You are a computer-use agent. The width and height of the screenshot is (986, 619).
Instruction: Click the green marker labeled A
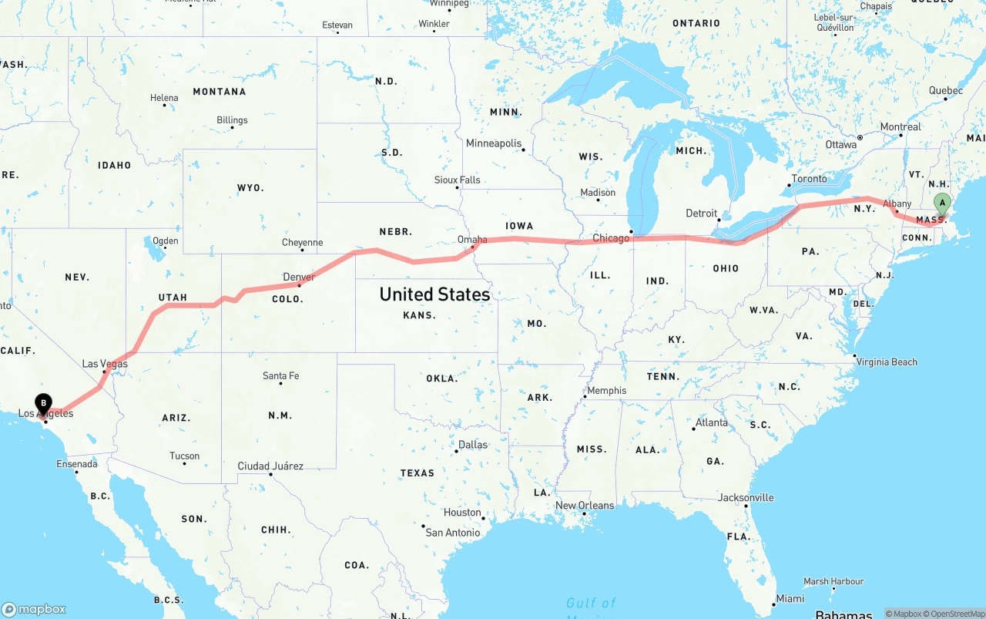pyautogui.click(x=941, y=204)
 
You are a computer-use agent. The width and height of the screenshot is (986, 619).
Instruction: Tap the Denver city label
pyautogui.click(x=299, y=277)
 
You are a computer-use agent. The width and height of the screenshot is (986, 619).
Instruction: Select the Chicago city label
pyautogui.click(x=611, y=238)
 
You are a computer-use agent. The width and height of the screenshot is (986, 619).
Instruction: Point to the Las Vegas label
pyautogui.click(x=105, y=364)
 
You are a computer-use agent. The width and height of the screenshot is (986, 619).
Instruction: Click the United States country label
pyautogui.click(x=434, y=294)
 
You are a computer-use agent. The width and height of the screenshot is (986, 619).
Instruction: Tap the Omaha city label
pyautogui.click(x=472, y=240)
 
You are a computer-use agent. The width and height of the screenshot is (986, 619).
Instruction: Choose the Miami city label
pyautogui.click(x=790, y=598)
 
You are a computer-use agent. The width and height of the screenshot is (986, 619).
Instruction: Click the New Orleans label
pyautogui.click(x=585, y=506)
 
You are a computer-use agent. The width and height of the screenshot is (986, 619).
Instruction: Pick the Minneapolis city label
pyautogui.click(x=494, y=143)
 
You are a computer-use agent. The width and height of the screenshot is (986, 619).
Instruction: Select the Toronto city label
pyautogui.click(x=809, y=179)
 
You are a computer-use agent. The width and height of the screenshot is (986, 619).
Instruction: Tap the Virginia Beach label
pyautogui.click(x=886, y=362)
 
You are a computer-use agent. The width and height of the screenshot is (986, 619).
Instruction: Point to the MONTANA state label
pyautogui.click(x=220, y=92)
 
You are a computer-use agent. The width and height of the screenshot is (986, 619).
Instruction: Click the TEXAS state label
pyautogui.click(x=417, y=473)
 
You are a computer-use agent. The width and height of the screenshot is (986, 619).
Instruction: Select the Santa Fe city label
pyautogui.click(x=280, y=376)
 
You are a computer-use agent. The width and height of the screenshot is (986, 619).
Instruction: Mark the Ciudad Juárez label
pyautogui.click(x=270, y=466)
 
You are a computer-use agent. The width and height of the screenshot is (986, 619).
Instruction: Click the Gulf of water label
pyautogui.click(x=591, y=603)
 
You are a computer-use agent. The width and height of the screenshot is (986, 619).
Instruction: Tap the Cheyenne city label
pyautogui.click(x=302, y=243)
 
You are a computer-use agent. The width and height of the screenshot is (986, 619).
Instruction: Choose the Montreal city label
pyautogui.click(x=900, y=127)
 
